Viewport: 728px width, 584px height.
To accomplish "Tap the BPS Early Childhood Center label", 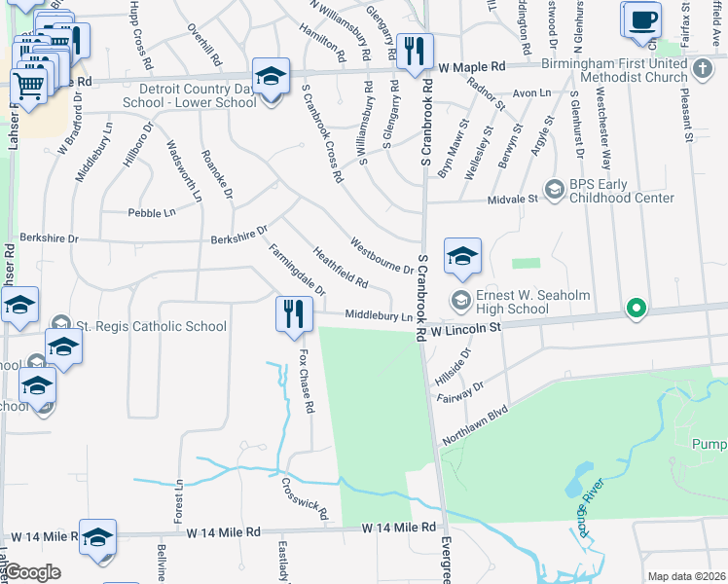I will (609, 190).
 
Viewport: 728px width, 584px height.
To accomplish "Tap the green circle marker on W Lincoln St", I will (636, 309).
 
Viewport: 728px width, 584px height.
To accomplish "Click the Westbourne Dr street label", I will (382, 256).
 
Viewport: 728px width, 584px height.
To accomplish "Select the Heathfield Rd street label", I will (340, 269).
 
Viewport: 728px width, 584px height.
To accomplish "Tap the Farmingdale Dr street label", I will (297, 270).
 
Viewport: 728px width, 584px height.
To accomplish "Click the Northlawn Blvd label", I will (476, 426).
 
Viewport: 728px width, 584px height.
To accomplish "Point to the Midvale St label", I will (519, 199).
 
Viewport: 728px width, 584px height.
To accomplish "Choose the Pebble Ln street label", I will (151, 212).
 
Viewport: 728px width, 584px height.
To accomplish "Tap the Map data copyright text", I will (685, 576).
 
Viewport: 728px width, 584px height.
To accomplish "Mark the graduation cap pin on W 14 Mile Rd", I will (98, 537).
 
